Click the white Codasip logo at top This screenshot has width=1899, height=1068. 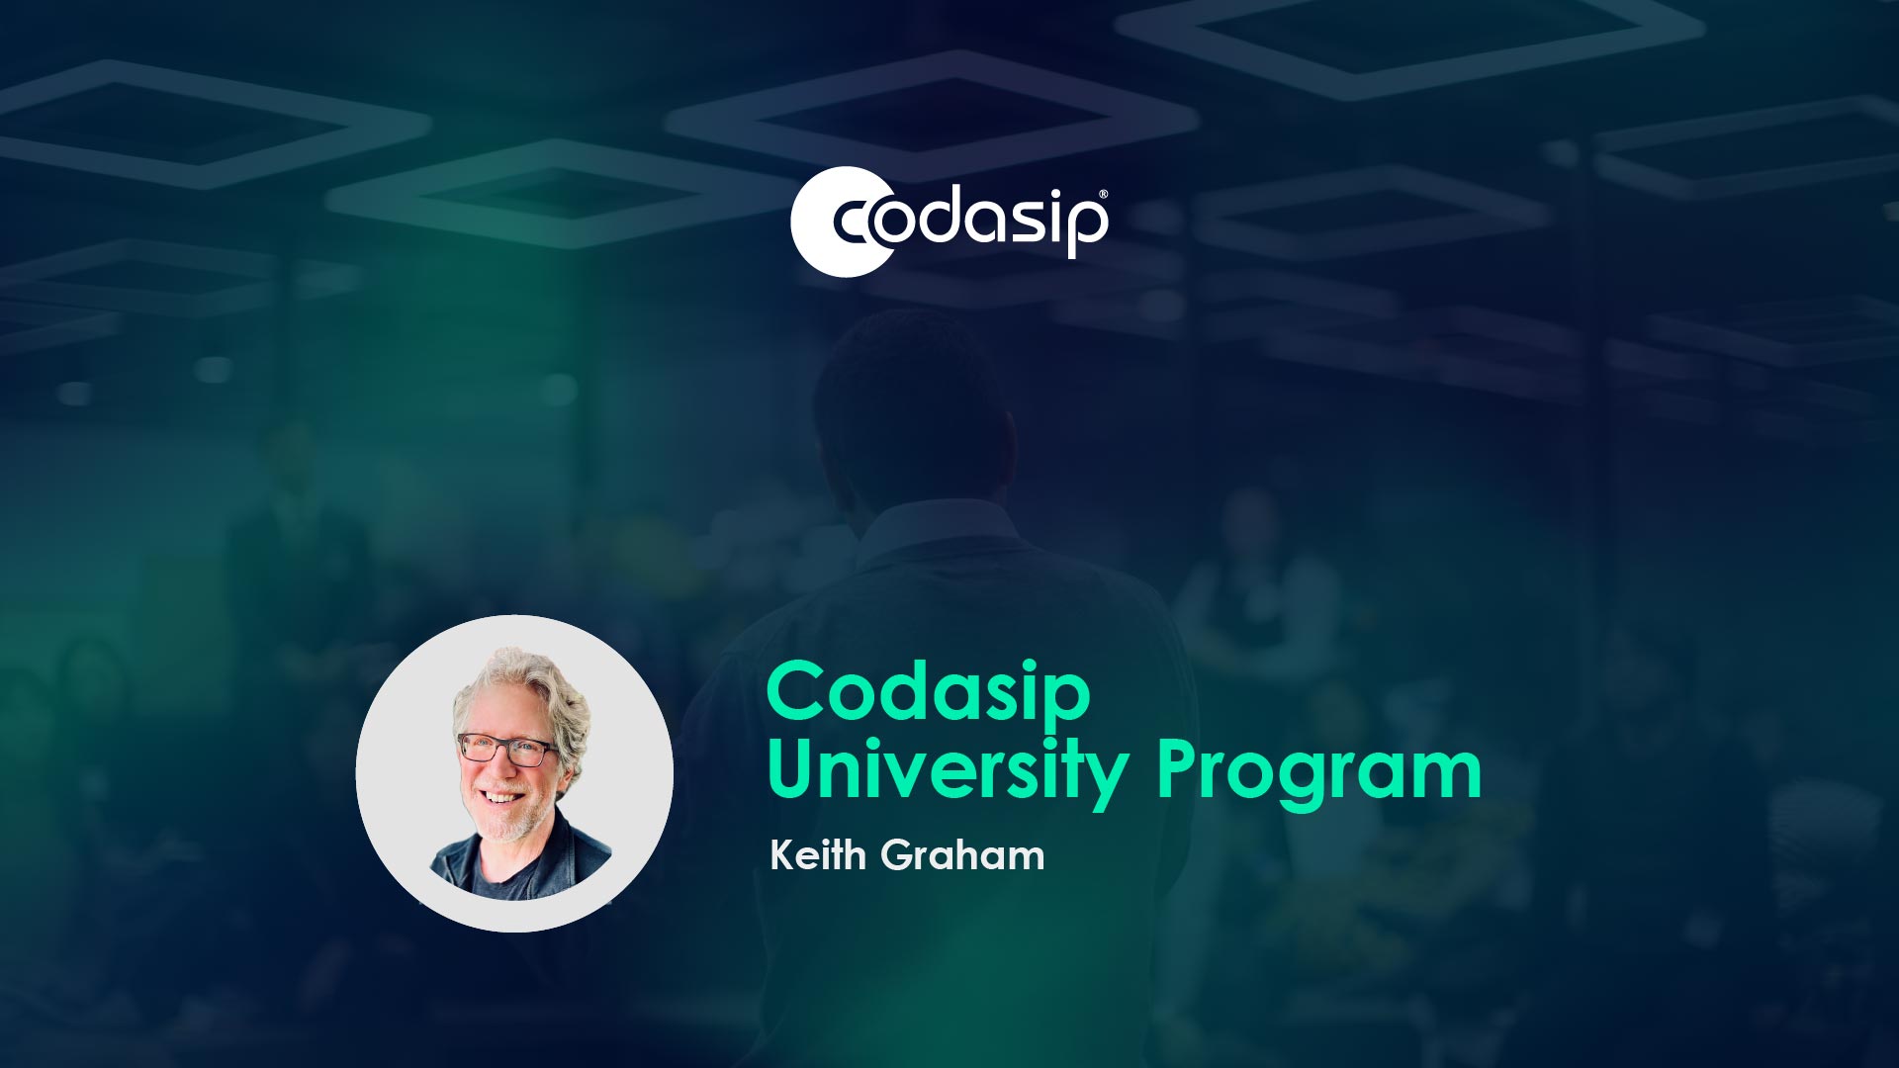click(x=949, y=222)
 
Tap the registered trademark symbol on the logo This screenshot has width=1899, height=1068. click(x=1103, y=196)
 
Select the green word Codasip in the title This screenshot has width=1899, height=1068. click(x=928, y=692)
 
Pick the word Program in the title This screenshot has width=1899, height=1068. click(x=1318, y=771)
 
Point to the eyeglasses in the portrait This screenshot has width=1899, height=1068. click(x=505, y=750)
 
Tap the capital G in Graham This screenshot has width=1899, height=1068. click(x=897, y=854)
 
